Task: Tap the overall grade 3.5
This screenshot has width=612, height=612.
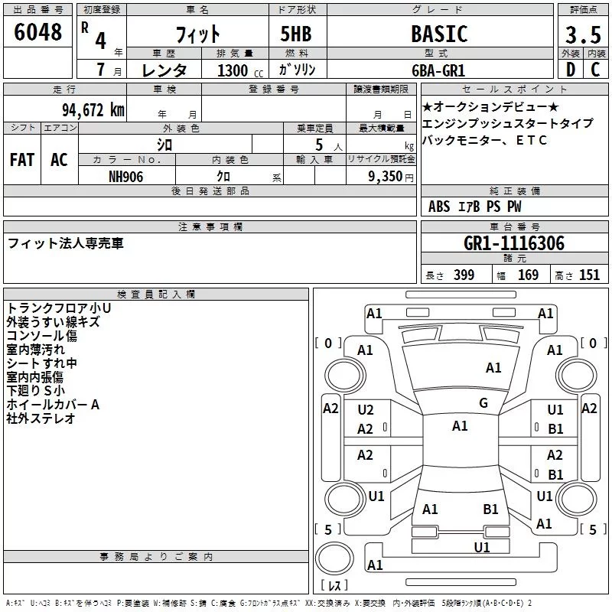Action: click(582, 35)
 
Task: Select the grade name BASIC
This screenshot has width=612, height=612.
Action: click(438, 34)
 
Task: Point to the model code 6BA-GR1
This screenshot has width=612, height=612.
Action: click(438, 70)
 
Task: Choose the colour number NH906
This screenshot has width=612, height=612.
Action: click(126, 175)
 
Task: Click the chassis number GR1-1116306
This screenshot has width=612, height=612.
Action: click(514, 243)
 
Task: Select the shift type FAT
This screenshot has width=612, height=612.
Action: click(21, 160)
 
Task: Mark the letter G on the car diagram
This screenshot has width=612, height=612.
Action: click(483, 403)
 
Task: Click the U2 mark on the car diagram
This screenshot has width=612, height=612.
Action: click(366, 411)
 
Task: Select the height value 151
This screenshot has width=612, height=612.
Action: click(589, 275)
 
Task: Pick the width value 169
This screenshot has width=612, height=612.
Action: click(528, 275)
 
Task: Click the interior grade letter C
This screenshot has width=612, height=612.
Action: click(595, 70)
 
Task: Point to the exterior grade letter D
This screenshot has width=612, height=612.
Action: click(570, 70)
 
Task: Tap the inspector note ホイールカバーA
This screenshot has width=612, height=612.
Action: click(53, 405)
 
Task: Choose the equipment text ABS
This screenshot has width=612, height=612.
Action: click(439, 207)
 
